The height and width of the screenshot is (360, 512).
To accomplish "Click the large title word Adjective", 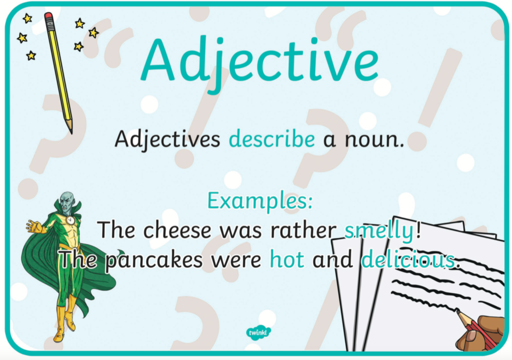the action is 260,62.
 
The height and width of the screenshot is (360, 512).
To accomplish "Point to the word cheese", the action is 177,230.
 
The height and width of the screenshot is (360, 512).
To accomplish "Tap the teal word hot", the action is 287,260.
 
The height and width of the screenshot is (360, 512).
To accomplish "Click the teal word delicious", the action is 408,259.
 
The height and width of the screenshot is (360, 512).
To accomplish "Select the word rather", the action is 304,230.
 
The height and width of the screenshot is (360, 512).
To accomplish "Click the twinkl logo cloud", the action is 258,333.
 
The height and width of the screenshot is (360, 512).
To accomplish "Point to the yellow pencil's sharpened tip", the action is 71,132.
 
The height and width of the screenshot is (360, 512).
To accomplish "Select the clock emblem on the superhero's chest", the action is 70,220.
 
